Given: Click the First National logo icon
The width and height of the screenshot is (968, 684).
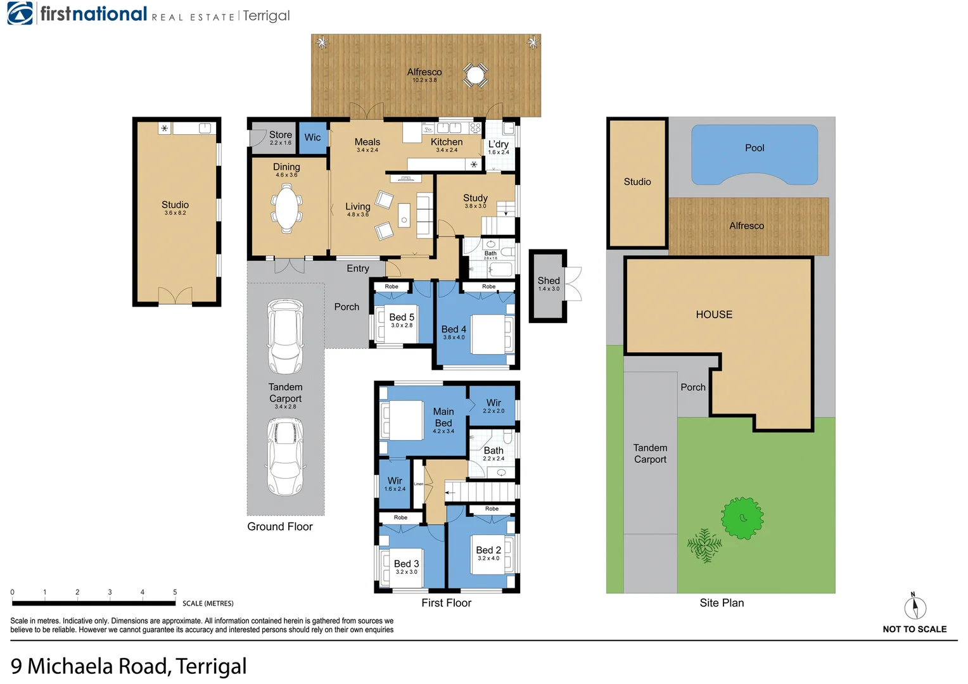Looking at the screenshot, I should click(20, 14).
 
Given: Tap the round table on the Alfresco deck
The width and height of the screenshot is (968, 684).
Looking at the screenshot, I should click(475, 75).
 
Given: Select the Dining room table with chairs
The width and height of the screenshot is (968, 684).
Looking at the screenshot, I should click(286, 208).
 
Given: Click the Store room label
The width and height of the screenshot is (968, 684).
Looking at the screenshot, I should click(281, 135).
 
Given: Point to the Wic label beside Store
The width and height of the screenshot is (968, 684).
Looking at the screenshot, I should click(312, 137).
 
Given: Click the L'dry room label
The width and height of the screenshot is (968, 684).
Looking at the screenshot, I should click(498, 144).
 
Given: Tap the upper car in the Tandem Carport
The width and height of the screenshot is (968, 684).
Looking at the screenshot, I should click(285, 336).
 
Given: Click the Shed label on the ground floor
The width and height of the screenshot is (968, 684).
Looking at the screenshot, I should click(549, 281).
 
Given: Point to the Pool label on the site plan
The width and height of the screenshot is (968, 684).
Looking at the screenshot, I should click(755, 148).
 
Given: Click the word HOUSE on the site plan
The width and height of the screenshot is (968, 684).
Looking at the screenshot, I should click(714, 314).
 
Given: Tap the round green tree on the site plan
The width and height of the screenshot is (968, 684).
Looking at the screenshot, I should click(742, 518).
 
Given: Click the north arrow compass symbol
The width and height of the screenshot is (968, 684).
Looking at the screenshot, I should click(915, 607).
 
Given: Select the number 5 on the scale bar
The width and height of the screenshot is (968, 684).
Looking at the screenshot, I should click(175, 592).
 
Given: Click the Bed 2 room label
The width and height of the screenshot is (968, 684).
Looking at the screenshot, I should click(488, 550).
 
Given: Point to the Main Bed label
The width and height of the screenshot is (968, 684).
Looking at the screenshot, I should click(443, 417).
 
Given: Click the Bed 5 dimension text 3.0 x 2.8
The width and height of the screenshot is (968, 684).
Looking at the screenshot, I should click(402, 326).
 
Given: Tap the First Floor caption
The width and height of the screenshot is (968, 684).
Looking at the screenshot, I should click(446, 603).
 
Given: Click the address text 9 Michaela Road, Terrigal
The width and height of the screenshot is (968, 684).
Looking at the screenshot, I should click(129, 666).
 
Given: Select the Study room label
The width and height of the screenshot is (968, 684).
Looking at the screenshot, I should click(475, 198).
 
